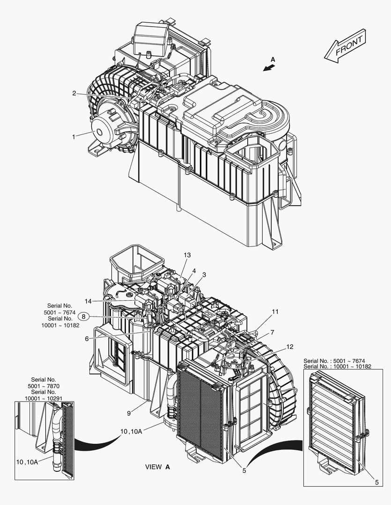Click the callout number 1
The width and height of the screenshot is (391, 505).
(74, 137)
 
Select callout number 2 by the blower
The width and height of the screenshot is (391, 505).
(74, 93)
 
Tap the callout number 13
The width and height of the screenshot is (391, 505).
(187, 255)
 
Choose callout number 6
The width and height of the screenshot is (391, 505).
(87, 339)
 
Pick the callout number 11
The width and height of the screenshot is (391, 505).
(275, 311)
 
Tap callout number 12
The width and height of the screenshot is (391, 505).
(290, 346)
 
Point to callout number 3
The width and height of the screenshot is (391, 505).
(204, 274)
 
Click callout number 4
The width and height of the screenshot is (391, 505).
(194, 271)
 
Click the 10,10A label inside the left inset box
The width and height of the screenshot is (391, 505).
(27, 462)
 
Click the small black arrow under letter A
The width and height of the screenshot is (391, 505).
(268, 68)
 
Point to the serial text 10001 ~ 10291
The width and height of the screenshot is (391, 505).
(44, 398)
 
